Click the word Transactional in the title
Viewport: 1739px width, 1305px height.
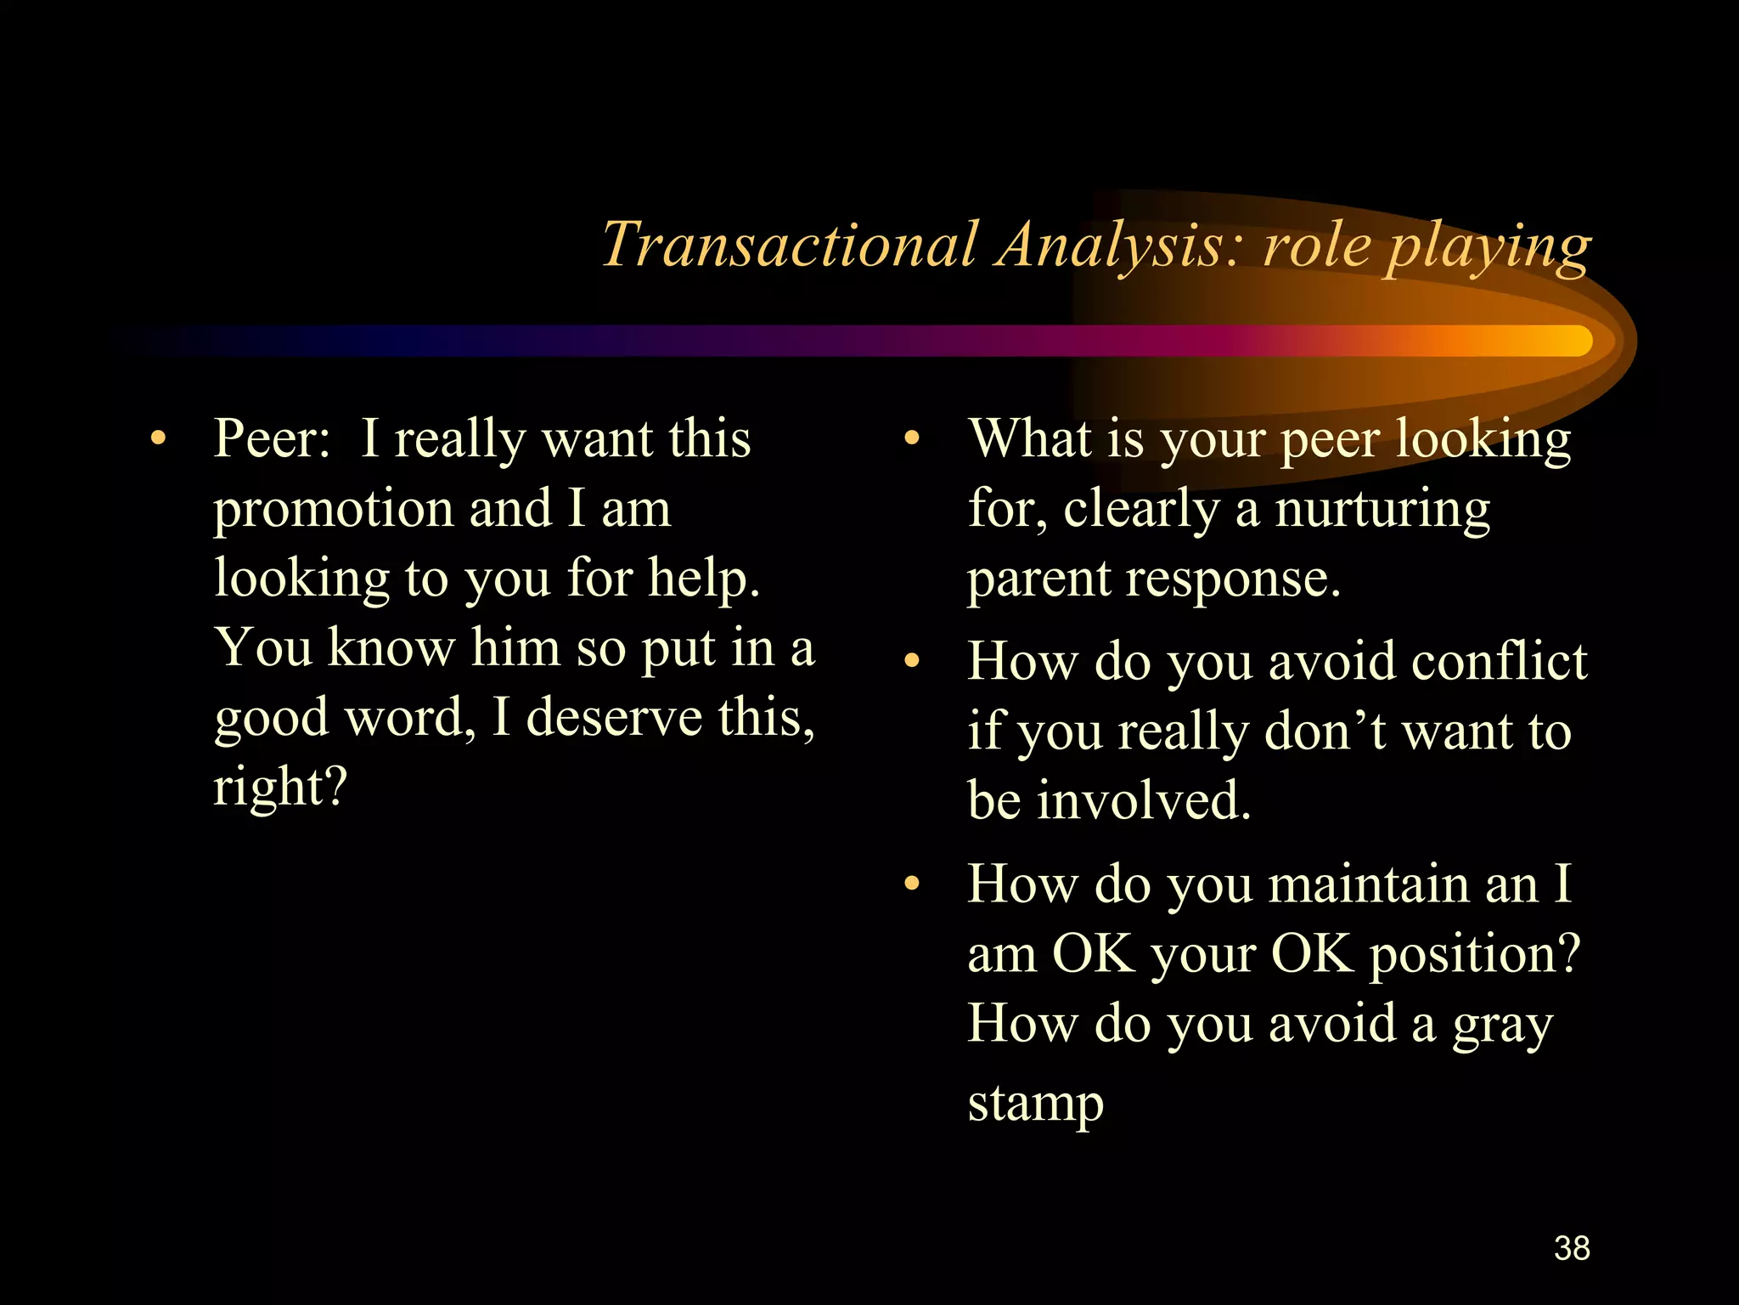coord(790,245)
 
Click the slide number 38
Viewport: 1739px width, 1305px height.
coord(1572,1248)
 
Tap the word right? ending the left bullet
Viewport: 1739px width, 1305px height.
coord(280,787)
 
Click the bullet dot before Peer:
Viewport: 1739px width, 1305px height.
coord(156,440)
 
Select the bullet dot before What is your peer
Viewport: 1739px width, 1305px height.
coord(912,440)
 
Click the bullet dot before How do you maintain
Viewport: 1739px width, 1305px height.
coord(912,884)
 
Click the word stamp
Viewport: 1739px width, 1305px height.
coord(1036,1104)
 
